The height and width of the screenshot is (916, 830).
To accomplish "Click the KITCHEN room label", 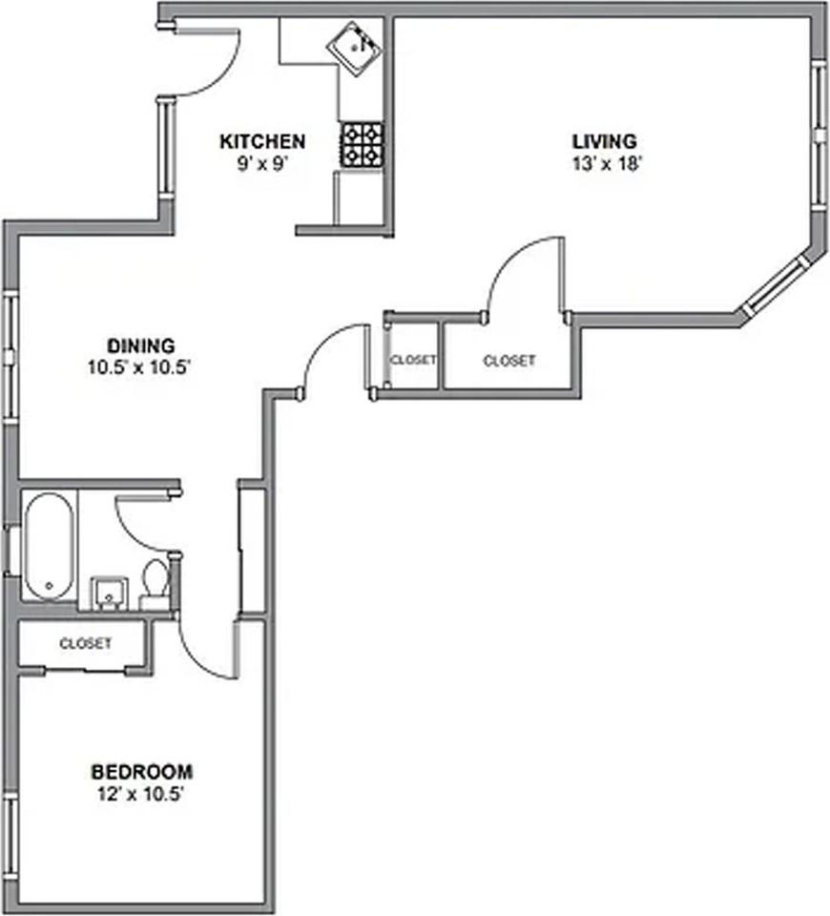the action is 262,141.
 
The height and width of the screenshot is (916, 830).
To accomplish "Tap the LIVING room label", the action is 605,141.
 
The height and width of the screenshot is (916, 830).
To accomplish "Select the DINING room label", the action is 141,345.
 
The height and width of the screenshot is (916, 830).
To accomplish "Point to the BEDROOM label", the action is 142,772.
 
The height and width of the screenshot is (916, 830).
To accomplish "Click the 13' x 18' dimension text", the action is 607,163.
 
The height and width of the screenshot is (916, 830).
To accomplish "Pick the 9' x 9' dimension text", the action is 263,163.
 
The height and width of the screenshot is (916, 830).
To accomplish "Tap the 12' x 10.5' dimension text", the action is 141,795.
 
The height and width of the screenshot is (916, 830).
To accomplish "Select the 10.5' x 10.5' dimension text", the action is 139,367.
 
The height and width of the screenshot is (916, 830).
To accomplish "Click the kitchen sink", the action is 354,49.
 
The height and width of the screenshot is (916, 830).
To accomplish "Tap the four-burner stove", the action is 362,145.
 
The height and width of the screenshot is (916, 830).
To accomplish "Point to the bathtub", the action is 49,546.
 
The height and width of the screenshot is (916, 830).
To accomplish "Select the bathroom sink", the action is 109,593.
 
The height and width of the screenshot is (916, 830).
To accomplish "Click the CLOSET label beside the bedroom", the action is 85,643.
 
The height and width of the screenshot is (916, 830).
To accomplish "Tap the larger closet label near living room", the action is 508,361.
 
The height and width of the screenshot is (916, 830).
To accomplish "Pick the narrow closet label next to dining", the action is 413,360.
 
